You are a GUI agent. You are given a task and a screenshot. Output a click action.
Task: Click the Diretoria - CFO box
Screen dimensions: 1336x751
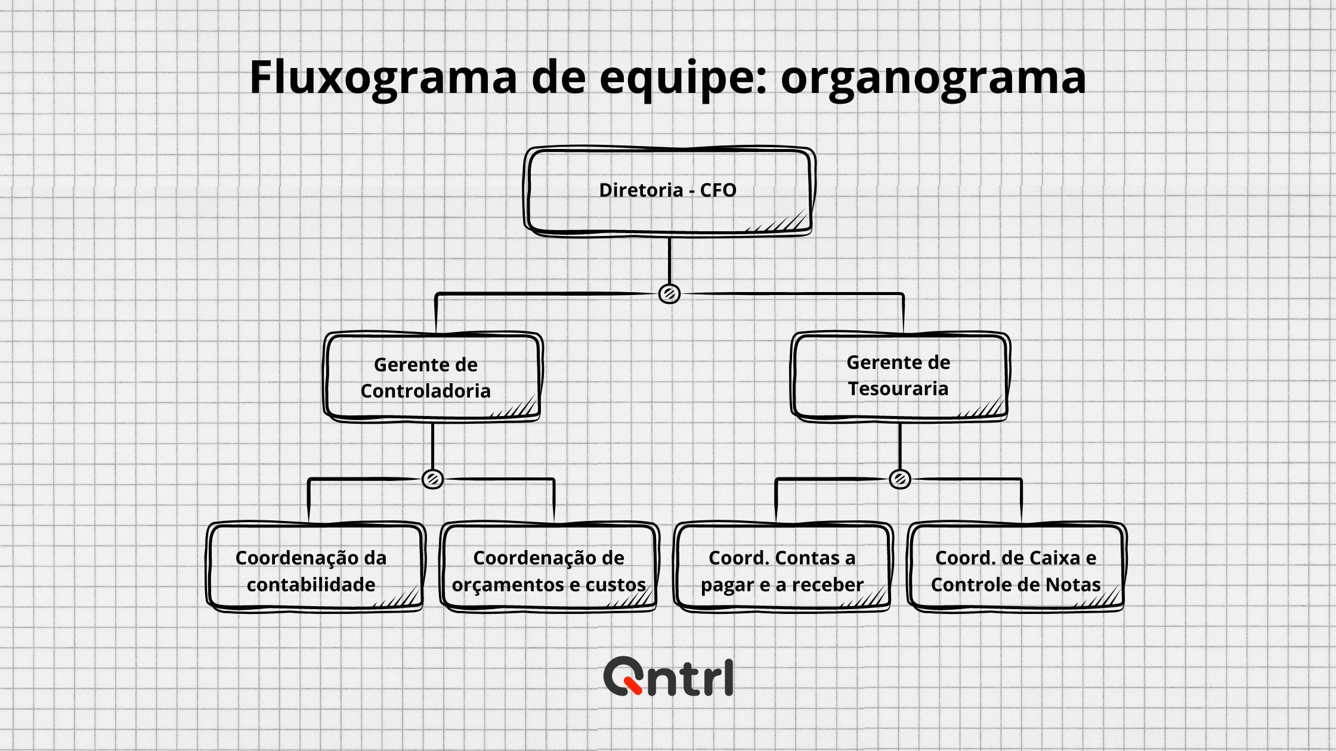[x=669, y=191]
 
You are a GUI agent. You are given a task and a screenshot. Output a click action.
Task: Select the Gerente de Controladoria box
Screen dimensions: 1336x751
[x=433, y=377]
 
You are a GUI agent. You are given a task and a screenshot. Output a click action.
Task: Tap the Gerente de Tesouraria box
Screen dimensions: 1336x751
[x=900, y=377]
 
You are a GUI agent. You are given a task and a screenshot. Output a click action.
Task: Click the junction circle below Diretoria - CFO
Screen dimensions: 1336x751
[x=669, y=294]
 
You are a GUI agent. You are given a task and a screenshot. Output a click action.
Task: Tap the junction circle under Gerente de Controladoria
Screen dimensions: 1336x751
[x=432, y=479]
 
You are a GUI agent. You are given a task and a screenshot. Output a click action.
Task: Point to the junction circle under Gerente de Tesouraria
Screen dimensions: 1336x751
[x=900, y=479]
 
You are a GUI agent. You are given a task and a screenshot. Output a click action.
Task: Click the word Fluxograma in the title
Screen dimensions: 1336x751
[x=383, y=78]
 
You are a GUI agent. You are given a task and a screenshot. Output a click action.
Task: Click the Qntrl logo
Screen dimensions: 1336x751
[x=669, y=676]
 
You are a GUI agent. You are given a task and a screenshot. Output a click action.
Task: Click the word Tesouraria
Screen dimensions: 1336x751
[x=898, y=389]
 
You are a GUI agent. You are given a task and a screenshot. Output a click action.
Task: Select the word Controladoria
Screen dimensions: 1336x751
[x=425, y=391]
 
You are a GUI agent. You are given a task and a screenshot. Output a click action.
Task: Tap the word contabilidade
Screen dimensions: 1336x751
[x=311, y=584]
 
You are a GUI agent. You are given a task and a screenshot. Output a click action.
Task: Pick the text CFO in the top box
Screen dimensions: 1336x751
[x=718, y=190]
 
